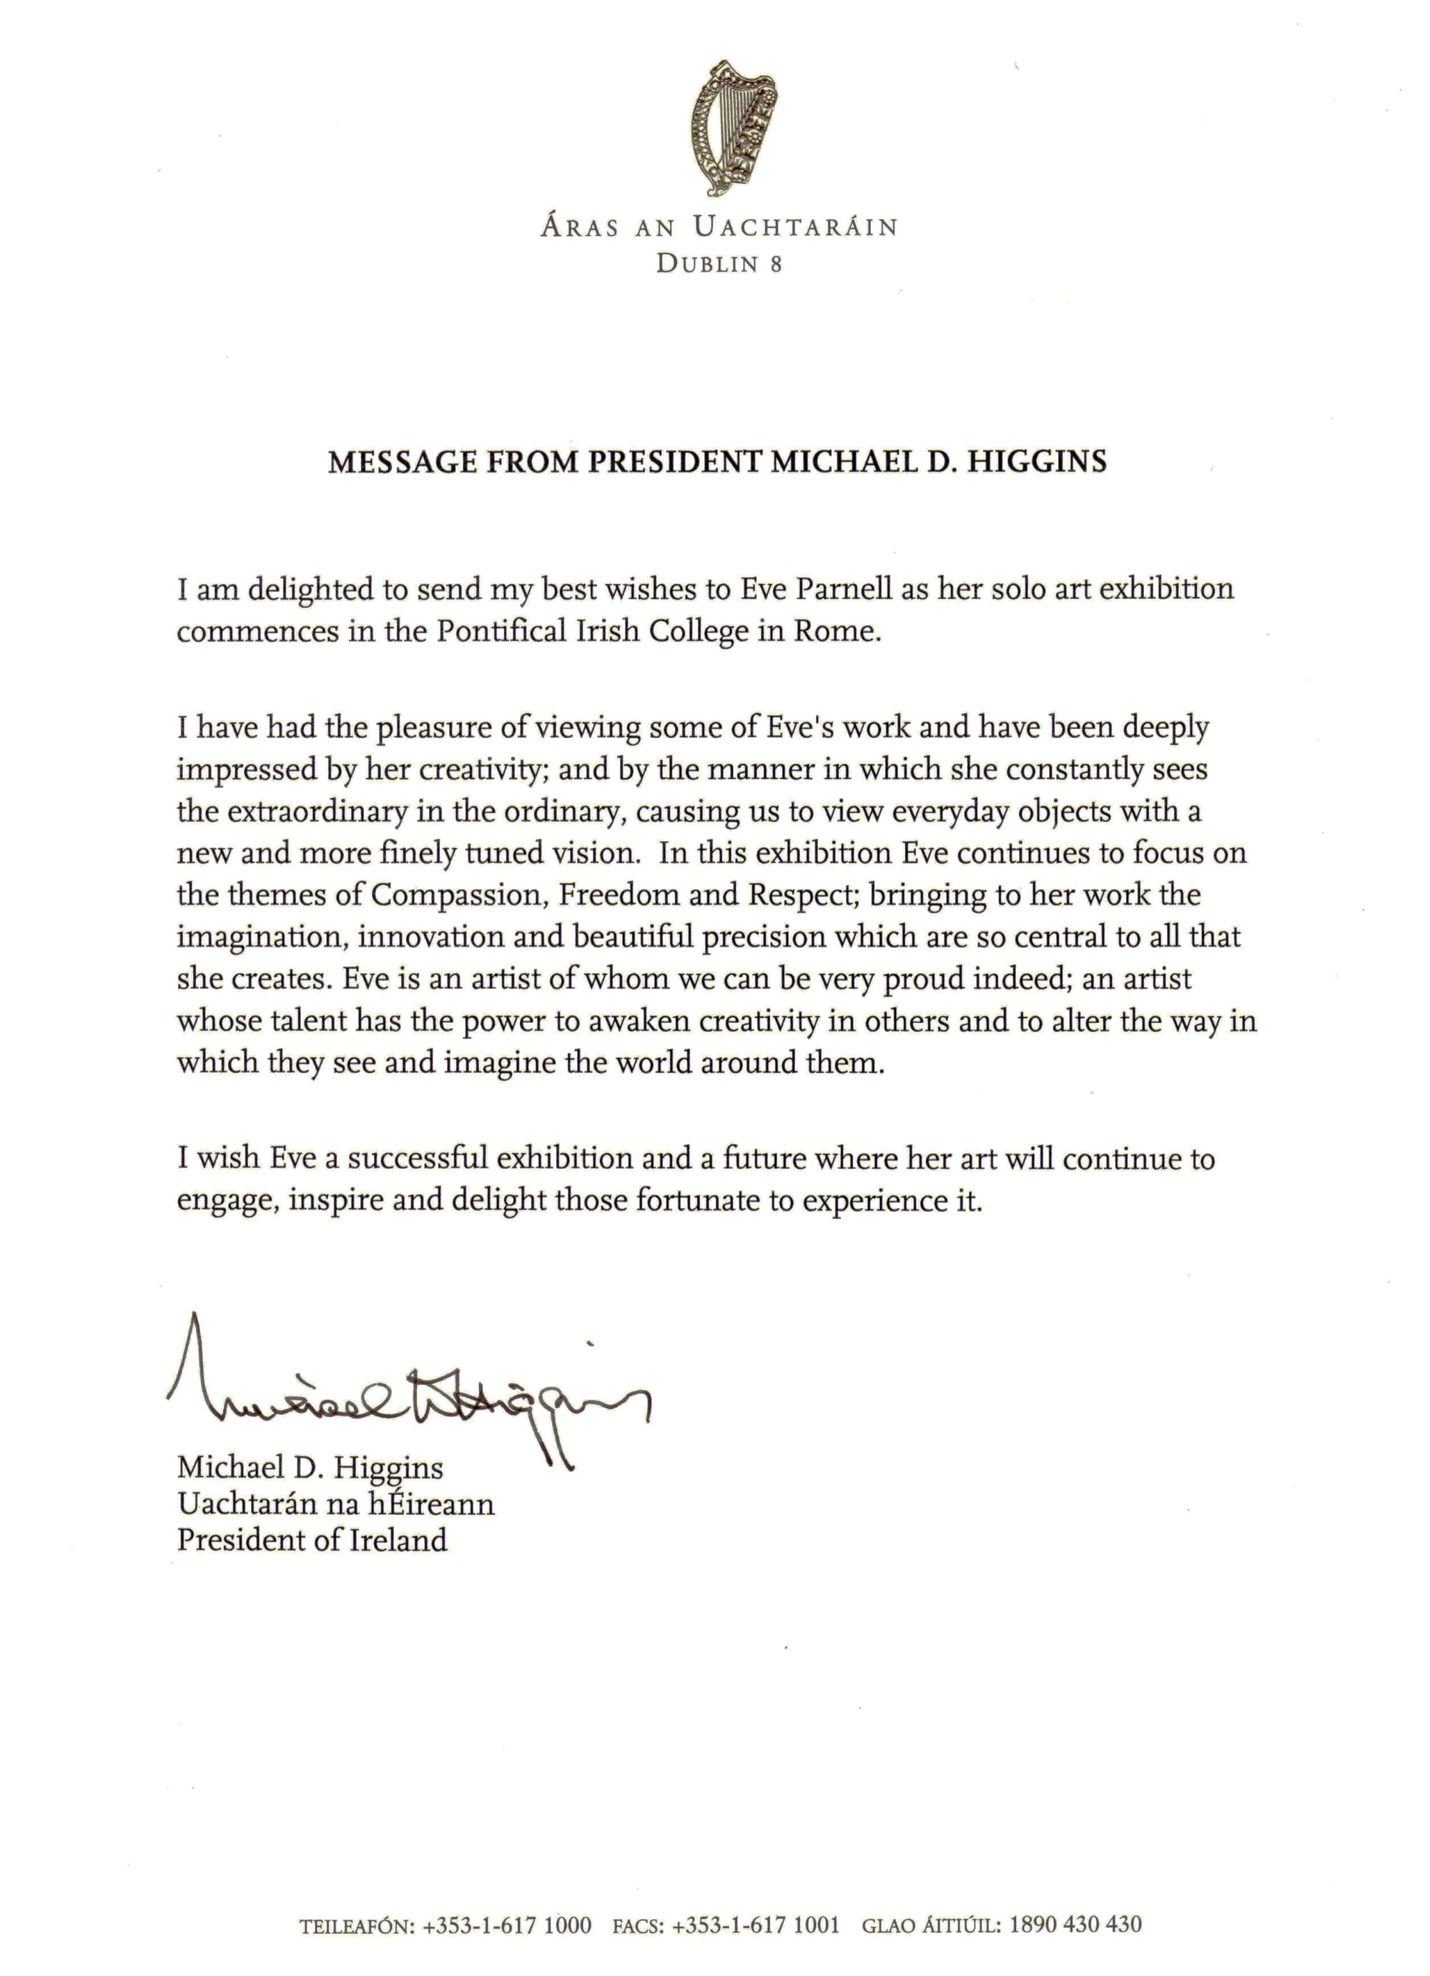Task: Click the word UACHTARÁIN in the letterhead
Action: point(795,227)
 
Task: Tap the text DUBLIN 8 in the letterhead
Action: point(719,264)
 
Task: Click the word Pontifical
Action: point(501,631)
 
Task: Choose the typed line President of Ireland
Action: point(312,1541)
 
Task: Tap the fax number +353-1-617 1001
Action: point(756,1925)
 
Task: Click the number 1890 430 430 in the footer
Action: point(1075,1925)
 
